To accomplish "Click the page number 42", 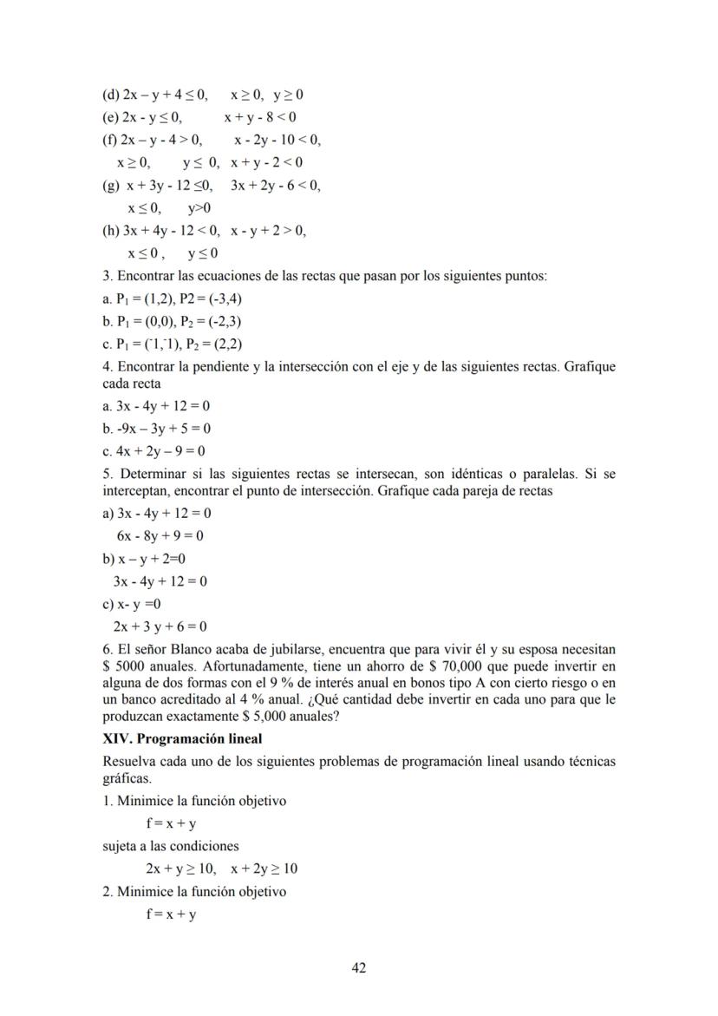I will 359,968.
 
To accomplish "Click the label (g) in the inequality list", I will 111,185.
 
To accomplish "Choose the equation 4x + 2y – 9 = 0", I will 154,451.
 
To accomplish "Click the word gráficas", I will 124,778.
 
